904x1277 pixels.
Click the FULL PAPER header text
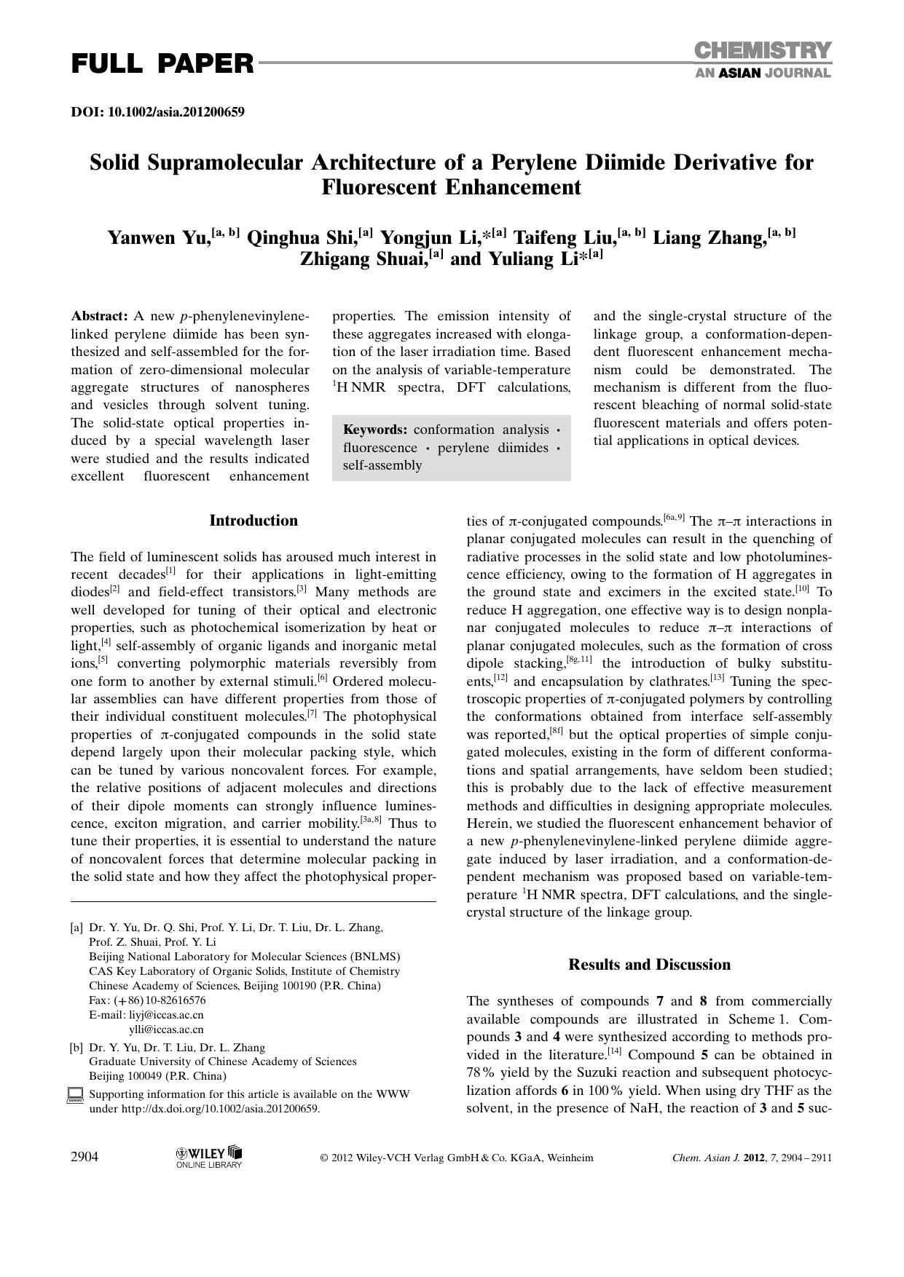pos(162,64)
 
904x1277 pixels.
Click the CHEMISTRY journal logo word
pos(762,51)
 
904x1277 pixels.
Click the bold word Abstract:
pos(99,316)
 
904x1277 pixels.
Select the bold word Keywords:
pos(374,430)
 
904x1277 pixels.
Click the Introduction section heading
pos(253,521)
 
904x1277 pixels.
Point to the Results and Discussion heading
pos(649,965)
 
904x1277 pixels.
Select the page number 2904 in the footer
pos(84,1158)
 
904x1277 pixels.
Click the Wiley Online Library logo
pos(209,1157)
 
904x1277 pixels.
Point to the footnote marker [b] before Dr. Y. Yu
pos(76,1048)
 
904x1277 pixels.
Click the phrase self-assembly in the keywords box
pos(382,465)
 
